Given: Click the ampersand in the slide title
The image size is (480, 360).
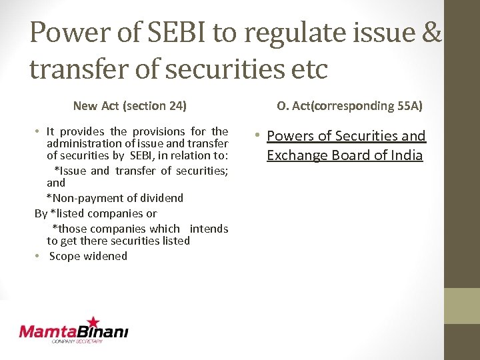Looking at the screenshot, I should click(x=430, y=33).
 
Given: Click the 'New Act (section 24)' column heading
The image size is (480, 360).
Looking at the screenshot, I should click(x=129, y=105).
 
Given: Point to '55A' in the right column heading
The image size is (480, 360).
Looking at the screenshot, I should click(x=409, y=105).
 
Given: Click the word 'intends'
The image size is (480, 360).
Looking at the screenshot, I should click(x=209, y=229).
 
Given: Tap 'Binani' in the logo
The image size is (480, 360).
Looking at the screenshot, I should click(x=104, y=331).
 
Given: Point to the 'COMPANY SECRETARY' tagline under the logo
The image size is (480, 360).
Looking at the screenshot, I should click(x=77, y=341).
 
